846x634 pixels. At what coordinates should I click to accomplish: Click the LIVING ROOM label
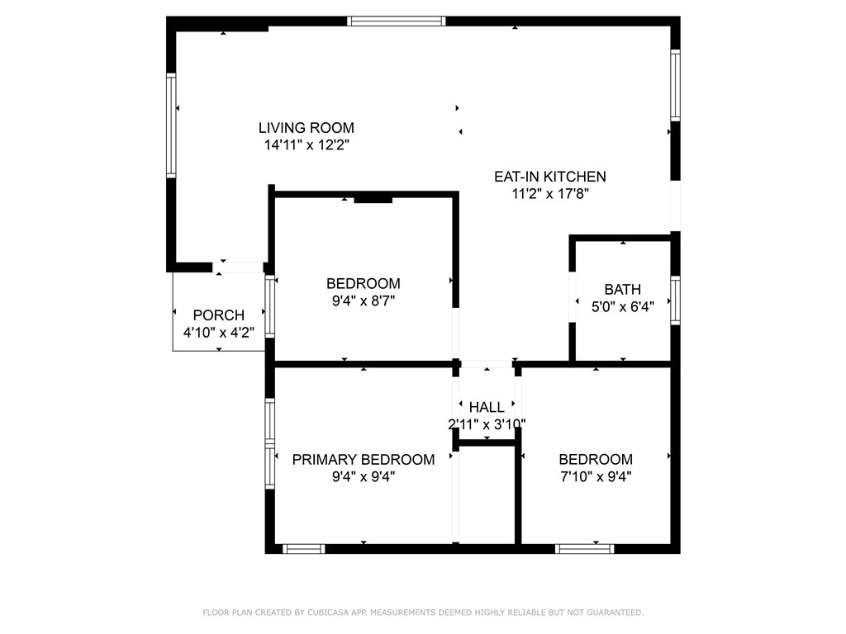click(x=306, y=128)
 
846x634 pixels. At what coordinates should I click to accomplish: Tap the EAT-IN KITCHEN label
click(x=549, y=177)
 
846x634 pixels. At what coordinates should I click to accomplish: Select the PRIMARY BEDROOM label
click(x=364, y=459)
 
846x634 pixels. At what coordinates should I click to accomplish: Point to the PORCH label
click(x=218, y=315)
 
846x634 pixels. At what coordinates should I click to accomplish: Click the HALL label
click(x=487, y=407)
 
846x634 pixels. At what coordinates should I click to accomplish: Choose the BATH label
click(x=623, y=290)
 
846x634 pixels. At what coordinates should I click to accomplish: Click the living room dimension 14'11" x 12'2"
click(x=307, y=145)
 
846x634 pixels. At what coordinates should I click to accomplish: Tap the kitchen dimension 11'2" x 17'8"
click(x=549, y=193)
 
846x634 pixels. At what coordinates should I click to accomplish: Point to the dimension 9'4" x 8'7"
click(x=364, y=300)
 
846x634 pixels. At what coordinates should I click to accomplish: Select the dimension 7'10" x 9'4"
click(x=596, y=476)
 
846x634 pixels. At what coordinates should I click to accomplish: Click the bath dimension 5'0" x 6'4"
click(x=623, y=307)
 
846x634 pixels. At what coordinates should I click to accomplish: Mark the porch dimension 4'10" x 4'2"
click(x=218, y=332)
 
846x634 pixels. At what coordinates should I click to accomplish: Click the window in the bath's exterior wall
click(x=675, y=300)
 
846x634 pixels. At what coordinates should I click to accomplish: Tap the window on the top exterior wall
click(x=396, y=21)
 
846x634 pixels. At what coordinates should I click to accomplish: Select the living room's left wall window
click(x=171, y=125)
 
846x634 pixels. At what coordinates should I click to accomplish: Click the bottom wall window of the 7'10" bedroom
click(x=585, y=549)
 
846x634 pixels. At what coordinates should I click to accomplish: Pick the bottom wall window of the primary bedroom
click(x=304, y=549)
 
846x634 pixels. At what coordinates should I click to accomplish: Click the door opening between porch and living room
click(x=237, y=267)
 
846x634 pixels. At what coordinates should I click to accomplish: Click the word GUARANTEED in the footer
click(x=615, y=613)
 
